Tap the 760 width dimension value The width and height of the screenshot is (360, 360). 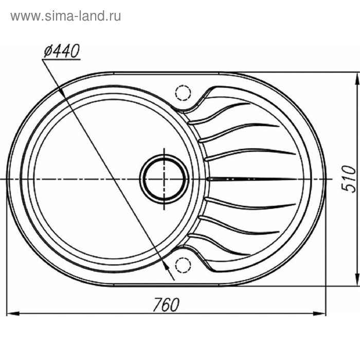(x=166, y=304)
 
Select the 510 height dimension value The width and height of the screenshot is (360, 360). (x=350, y=178)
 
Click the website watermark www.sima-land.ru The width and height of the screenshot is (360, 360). (x=65, y=16)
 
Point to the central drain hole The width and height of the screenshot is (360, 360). (x=164, y=179)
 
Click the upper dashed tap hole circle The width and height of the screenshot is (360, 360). (x=183, y=93)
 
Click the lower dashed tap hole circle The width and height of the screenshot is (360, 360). (x=183, y=265)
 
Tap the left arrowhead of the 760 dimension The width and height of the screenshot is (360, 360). (x=14, y=313)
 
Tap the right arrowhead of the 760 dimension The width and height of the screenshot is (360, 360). (x=323, y=313)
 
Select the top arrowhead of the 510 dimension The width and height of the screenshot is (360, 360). (x=357, y=78)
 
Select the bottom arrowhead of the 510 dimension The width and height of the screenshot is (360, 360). (x=357, y=280)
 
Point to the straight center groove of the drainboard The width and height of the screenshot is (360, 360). (x=252, y=179)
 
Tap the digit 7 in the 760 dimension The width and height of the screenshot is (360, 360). (x=156, y=304)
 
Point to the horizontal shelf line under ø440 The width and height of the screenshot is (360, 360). (x=61, y=60)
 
